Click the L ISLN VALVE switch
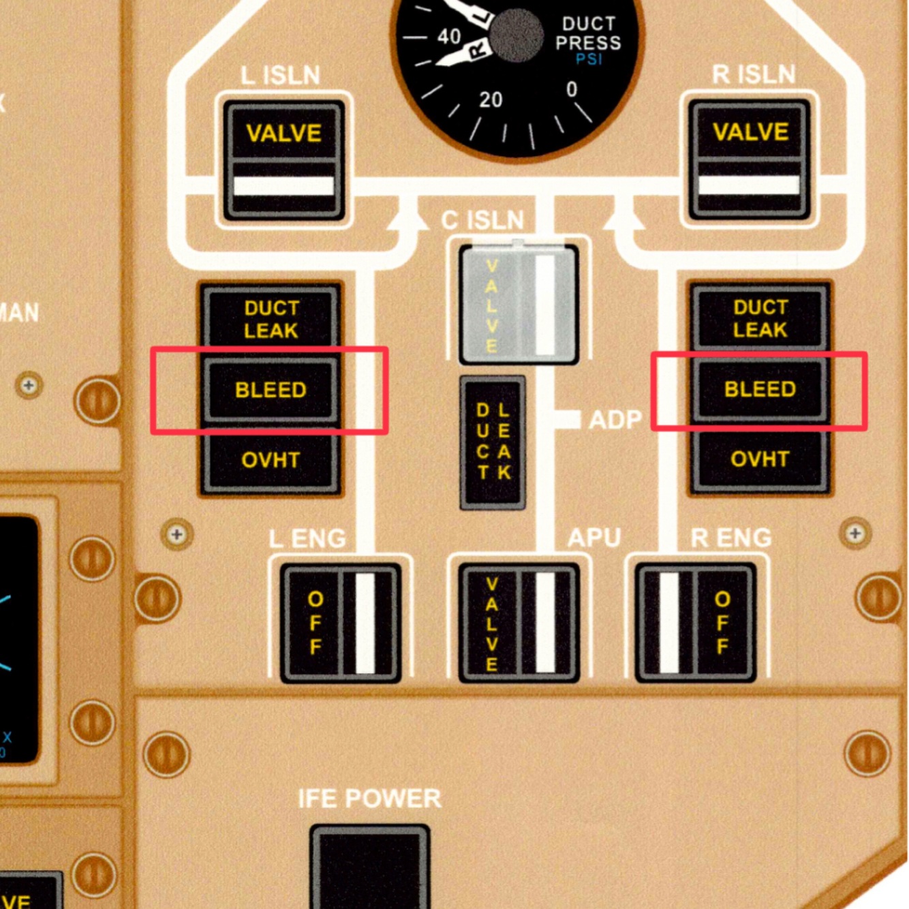click(283, 160)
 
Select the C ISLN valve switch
click(519, 305)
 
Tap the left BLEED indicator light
click(271, 390)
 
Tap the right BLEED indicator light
click(760, 389)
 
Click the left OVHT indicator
click(271, 460)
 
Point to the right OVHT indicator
click(760, 459)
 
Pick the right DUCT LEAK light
click(760, 318)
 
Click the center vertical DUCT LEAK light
click(493, 442)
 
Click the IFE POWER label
click(369, 798)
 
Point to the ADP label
click(615, 420)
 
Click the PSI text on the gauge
click(589, 59)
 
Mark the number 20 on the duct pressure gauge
click(491, 100)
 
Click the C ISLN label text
click(482, 220)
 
